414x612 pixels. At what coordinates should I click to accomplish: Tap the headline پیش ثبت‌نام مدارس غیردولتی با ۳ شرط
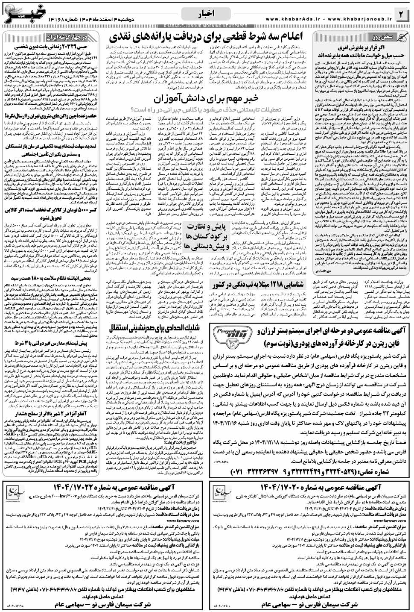[x=52, y=355]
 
